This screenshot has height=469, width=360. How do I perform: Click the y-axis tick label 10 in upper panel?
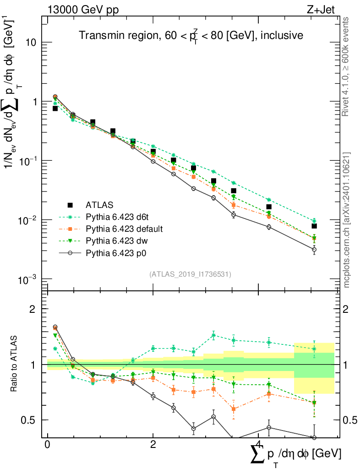click(31, 43)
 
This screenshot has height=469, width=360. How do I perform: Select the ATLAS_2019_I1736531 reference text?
click(190, 274)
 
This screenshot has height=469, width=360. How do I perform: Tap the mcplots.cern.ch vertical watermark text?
click(347, 220)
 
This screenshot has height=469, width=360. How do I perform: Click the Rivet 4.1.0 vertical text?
click(347, 66)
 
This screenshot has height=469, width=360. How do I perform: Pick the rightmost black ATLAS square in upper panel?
click(314, 226)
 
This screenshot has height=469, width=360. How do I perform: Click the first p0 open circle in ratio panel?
click(55, 327)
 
